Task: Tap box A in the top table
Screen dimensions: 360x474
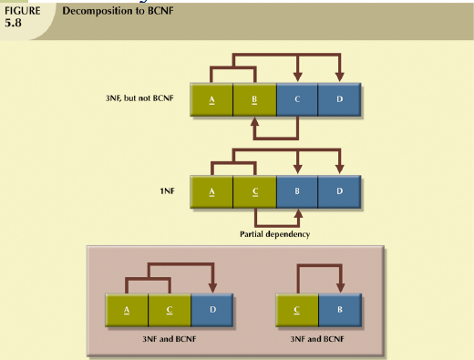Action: [x=211, y=98]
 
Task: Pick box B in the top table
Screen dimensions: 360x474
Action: [x=254, y=98]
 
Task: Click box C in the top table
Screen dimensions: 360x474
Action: [x=296, y=98]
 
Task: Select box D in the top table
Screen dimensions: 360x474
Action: [x=339, y=98]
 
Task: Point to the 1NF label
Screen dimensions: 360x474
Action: [x=169, y=192]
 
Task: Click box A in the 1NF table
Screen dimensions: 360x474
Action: [x=211, y=192]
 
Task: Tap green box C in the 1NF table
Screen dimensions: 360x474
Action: [x=254, y=192]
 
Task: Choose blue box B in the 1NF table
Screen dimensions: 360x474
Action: [x=296, y=192]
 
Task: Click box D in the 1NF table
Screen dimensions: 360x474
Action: [x=339, y=192]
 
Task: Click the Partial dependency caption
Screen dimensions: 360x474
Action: [x=274, y=234]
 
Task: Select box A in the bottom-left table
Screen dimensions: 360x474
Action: [x=127, y=310]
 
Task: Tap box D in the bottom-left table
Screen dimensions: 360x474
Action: [x=212, y=310]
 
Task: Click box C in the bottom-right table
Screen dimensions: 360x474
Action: [x=296, y=310]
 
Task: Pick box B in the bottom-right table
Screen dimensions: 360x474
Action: [x=339, y=310]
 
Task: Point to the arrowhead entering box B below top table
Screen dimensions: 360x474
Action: [x=254, y=121]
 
